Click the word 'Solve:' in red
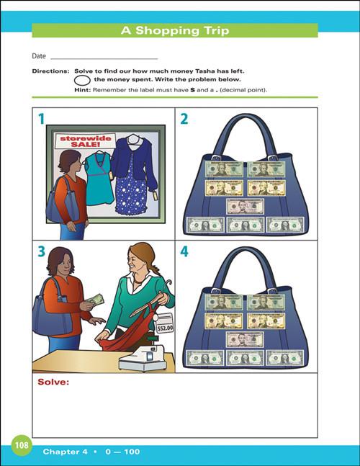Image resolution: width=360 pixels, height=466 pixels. coord(53,382)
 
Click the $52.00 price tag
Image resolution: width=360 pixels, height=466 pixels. coord(165,326)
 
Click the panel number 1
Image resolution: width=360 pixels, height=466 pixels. coord(41,119)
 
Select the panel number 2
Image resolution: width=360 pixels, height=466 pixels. coord(184,119)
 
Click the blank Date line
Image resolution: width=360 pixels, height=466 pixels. coord(104,57)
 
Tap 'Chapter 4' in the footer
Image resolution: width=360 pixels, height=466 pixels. coord(65,452)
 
